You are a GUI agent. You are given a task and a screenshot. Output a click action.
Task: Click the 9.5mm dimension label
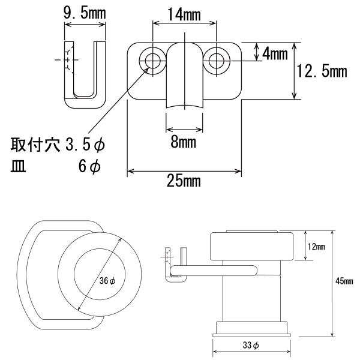[x=85, y=13]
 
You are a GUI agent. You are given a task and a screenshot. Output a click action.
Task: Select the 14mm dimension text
[x=184, y=14]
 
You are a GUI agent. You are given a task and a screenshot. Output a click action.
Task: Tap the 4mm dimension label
[x=275, y=55]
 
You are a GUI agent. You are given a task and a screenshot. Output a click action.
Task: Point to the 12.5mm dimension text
[x=322, y=71]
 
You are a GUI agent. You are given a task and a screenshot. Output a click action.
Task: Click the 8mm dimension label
[x=184, y=142]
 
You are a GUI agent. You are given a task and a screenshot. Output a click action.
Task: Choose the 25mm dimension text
[x=184, y=181]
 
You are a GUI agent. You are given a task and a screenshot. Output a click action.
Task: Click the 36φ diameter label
[x=107, y=280]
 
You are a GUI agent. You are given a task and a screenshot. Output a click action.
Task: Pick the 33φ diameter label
[x=251, y=345]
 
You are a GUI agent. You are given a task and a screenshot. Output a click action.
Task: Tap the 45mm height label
[x=344, y=281]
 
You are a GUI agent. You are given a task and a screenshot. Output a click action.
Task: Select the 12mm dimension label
[x=316, y=247]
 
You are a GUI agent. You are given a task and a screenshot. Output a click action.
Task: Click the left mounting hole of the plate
[x=152, y=61]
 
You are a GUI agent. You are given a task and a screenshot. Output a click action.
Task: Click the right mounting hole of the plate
[x=217, y=61]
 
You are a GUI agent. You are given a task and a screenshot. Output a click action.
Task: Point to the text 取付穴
[x=35, y=145]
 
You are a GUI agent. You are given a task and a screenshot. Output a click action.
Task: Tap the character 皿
[x=18, y=166]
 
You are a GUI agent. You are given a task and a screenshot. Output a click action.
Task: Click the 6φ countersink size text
[x=89, y=166]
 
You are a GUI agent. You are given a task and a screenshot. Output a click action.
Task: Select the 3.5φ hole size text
[x=85, y=145]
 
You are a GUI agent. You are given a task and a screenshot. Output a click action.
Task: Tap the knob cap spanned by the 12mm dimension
[x=252, y=247]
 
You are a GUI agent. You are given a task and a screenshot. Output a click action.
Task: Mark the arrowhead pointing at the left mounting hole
[x=146, y=70]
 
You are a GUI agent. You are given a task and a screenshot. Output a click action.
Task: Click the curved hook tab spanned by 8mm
[x=185, y=76]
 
